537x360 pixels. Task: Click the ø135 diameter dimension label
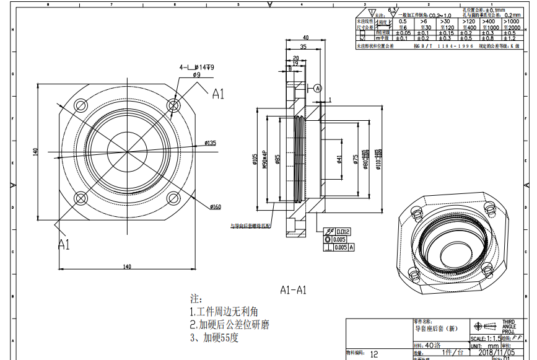(x=210, y=143)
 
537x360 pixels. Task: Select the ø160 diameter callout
(x=216, y=206)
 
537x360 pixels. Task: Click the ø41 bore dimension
(x=339, y=159)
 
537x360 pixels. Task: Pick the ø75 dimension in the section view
(x=355, y=160)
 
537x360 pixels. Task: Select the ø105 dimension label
(x=255, y=160)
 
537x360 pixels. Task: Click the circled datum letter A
(x=318, y=89)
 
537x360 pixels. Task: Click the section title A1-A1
(x=293, y=289)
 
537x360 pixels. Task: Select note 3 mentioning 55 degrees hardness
(x=214, y=338)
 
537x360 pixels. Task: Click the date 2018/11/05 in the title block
(x=497, y=351)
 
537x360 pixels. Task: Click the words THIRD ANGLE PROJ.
(x=508, y=327)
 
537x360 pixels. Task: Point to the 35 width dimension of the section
(x=303, y=47)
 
